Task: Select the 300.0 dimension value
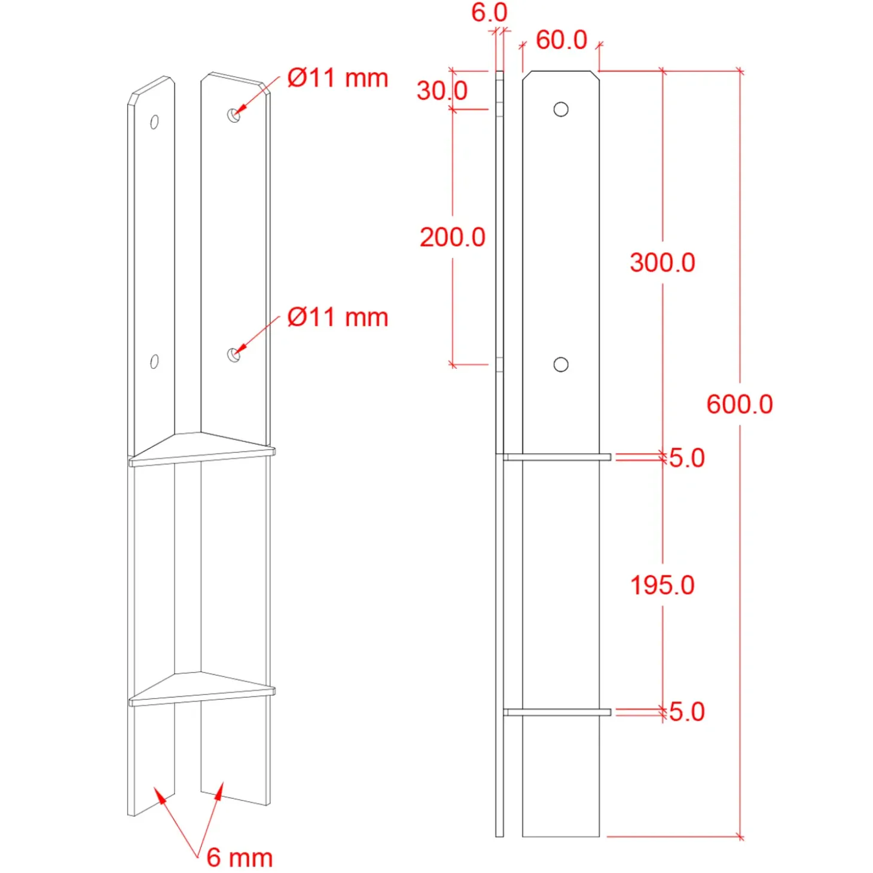tap(662, 262)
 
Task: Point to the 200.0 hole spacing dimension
tap(452, 237)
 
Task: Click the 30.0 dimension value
tap(442, 91)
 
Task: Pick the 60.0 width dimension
tap(561, 40)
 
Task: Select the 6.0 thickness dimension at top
tap(489, 12)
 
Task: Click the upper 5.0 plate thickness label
tap(687, 458)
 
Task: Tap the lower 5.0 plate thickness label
tap(687, 712)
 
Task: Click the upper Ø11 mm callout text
tap(338, 78)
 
